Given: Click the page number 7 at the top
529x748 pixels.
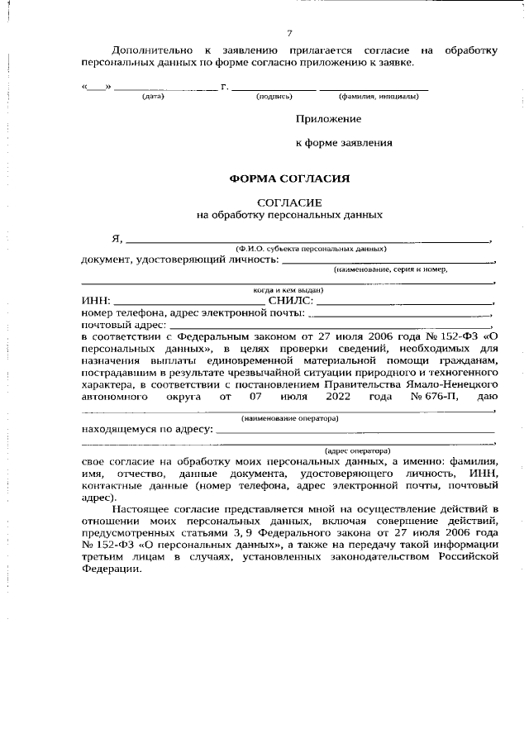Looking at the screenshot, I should click(x=289, y=33).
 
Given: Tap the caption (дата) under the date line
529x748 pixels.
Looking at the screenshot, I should click(x=154, y=97).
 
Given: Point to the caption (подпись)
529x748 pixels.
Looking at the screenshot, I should click(x=274, y=97).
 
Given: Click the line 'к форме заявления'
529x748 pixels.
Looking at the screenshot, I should click(x=344, y=143).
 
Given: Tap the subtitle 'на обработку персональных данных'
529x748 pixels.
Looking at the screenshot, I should click(x=289, y=215).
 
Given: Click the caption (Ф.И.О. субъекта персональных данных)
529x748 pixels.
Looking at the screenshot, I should click(x=311, y=248).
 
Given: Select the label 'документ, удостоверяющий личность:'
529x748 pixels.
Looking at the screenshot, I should click(x=180, y=260).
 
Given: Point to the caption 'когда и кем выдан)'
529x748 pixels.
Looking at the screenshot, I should click(x=288, y=290).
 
